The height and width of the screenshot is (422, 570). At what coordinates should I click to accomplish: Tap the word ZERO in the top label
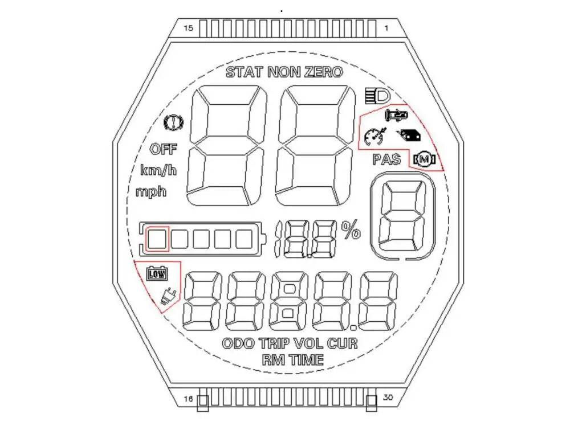tap(324, 72)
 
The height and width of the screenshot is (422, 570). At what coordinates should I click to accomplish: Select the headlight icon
tap(377, 96)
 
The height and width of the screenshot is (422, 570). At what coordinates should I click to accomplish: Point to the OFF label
tap(164, 149)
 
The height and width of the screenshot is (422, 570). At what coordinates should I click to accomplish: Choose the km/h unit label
tap(158, 170)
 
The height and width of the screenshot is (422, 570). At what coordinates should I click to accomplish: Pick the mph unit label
tap(151, 191)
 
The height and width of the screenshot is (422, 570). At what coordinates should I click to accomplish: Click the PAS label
tap(387, 159)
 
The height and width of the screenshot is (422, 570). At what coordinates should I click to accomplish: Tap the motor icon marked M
tap(424, 159)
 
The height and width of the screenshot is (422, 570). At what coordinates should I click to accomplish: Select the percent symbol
tap(351, 230)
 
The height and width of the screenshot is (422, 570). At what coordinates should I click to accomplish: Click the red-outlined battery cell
tap(157, 239)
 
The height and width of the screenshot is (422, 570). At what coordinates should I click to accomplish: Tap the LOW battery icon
tap(157, 273)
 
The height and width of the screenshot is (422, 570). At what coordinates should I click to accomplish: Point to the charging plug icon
tap(169, 296)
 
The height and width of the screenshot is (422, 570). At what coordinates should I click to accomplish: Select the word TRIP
tap(275, 343)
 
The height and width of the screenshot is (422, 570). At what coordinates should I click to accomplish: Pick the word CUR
tap(342, 343)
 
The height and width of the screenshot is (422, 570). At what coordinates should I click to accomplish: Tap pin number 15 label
tap(188, 28)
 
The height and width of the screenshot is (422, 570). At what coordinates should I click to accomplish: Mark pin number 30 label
tap(388, 398)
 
